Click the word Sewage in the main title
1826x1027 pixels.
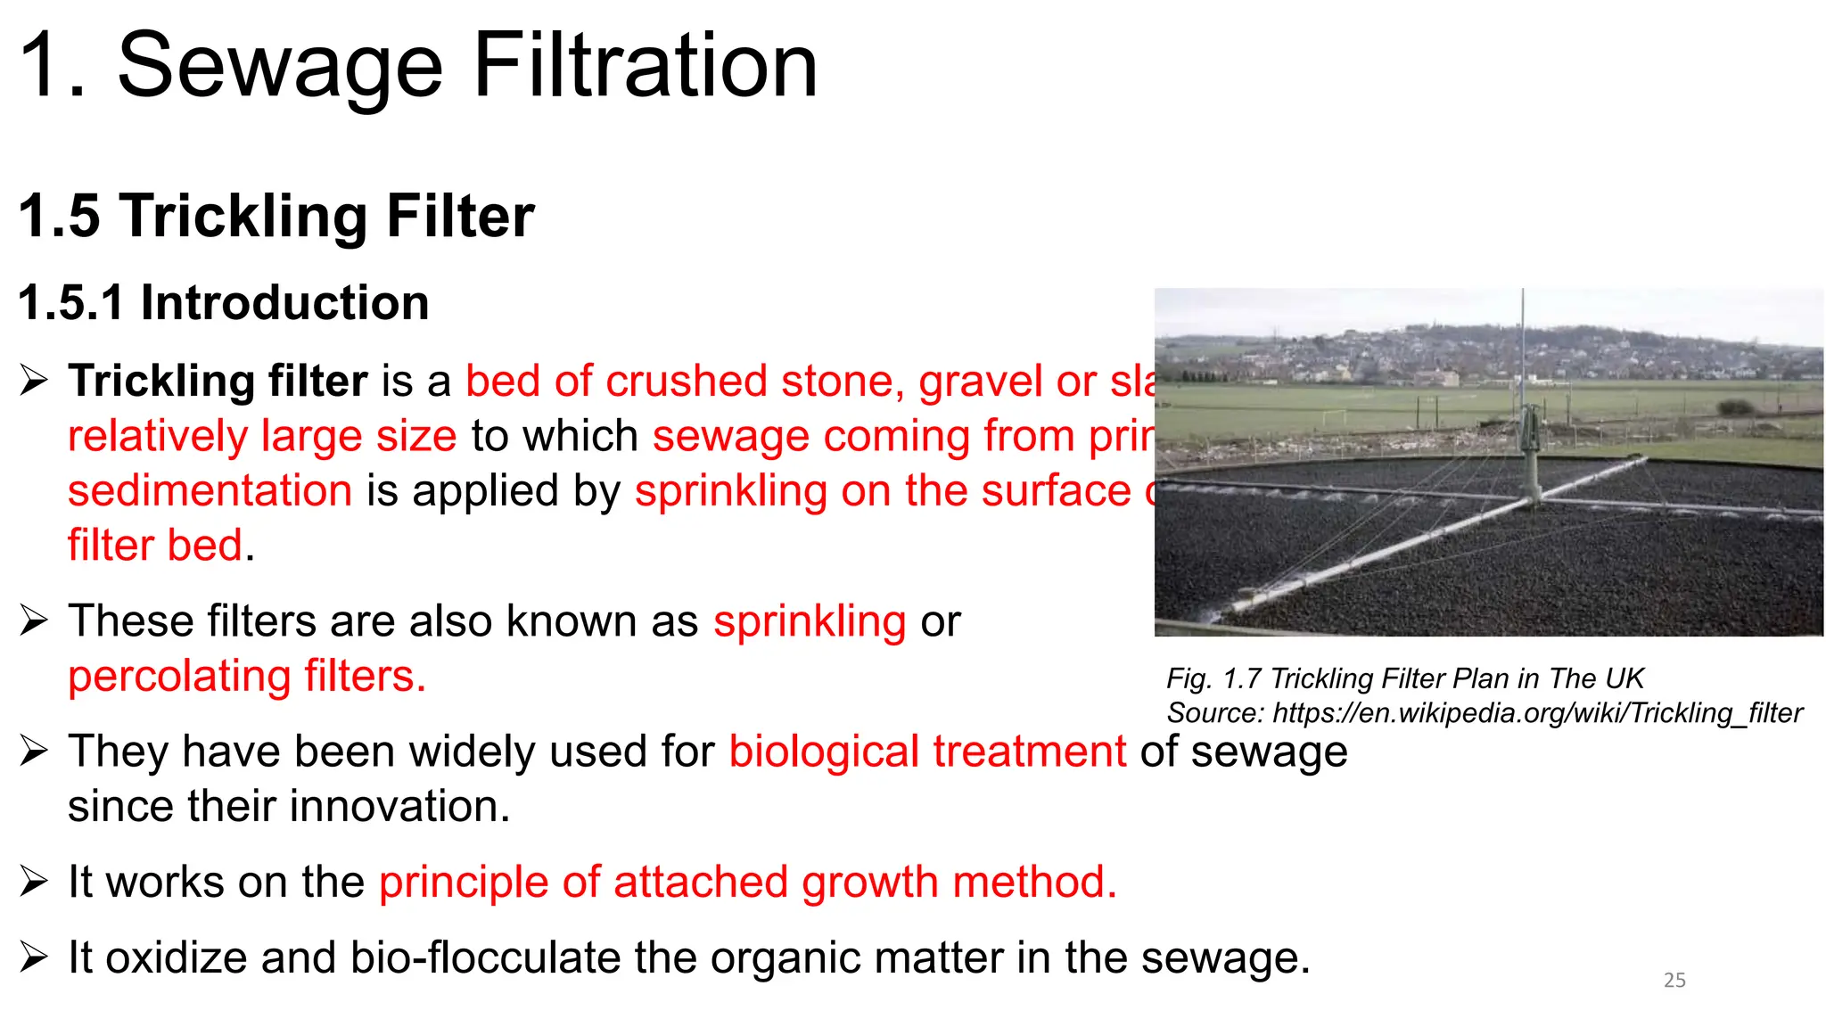pos(280,67)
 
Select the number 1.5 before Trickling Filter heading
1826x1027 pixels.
pos(59,217)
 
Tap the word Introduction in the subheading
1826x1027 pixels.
pos(284,303)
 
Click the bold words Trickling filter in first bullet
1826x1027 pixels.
pos(218,382)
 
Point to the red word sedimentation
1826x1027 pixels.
pos(210,491)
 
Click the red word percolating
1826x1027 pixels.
pos(179,677)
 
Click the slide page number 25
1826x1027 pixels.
pos(1674,981)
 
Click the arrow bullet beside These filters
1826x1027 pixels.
pos(34,620)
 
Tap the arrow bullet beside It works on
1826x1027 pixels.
pos(34,882)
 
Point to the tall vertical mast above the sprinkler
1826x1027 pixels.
pos(1523,348)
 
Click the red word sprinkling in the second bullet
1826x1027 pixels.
pos(810,621)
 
